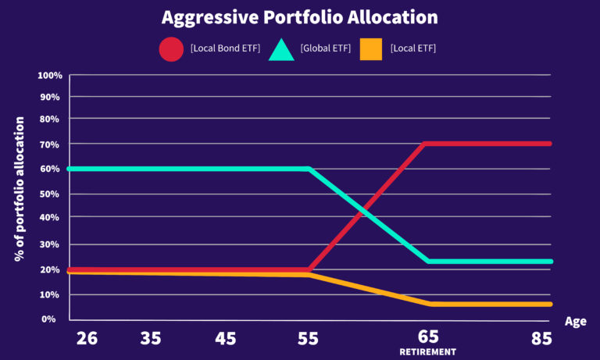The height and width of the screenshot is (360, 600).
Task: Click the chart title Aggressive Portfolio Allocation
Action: coord(299,16)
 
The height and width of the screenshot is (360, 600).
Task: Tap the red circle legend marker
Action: coord(171,49)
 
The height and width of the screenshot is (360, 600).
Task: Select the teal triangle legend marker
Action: coord(280,49)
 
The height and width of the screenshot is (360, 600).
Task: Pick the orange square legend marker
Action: coord(371,49)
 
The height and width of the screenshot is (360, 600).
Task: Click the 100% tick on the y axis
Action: coord(49,76)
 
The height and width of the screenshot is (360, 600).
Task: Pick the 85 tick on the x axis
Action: coord(541,338)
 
